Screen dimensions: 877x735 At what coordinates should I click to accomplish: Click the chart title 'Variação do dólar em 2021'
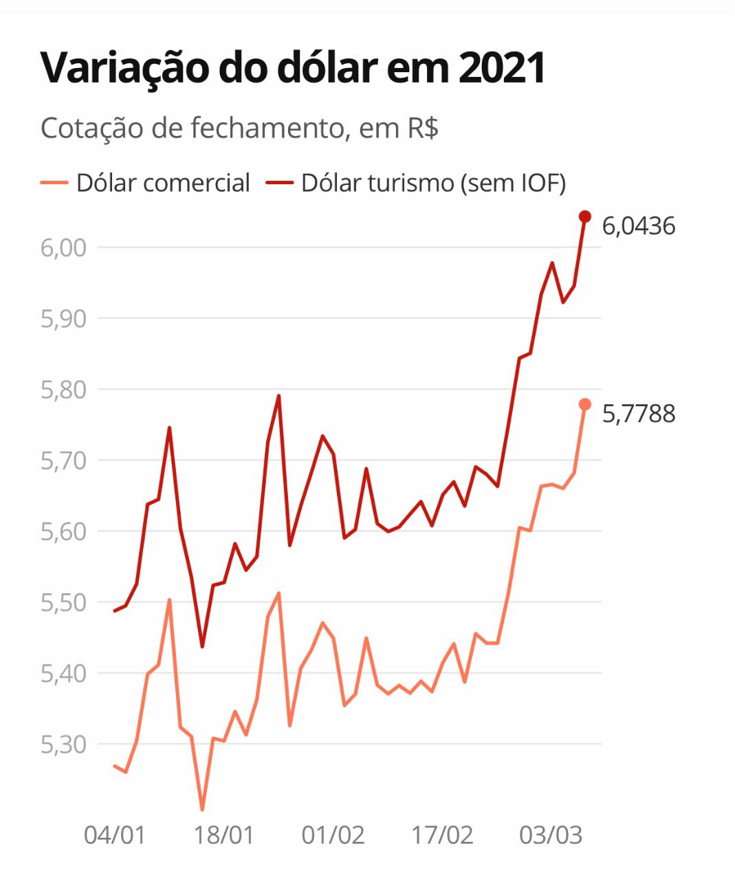pos(293,67)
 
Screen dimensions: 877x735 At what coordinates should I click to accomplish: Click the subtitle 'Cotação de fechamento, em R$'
pos(239,128)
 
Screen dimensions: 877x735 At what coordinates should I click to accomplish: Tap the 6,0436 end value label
pos(639,225)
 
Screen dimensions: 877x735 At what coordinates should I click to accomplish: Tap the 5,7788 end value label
pos(639,414)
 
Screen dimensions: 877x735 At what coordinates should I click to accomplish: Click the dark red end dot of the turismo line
pos(585,217)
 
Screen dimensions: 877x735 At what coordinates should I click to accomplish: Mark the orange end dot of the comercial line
pos(585,404)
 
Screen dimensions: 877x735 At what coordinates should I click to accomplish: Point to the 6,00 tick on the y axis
pos(63,247)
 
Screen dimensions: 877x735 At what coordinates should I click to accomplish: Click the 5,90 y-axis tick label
pos(63,318)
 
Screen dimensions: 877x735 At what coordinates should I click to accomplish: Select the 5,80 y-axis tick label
pos(63,390)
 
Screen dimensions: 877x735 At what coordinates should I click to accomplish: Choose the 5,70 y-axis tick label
pos(63,460)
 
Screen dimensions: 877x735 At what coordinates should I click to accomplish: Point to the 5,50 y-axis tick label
pos(63,603)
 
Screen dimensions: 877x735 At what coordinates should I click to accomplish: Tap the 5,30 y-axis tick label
pos(63,744)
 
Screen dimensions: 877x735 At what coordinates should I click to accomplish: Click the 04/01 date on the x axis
pos(115,835)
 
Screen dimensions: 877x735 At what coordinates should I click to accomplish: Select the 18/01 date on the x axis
pos(224,835)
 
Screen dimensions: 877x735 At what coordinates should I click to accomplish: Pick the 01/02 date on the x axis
pos(333,835)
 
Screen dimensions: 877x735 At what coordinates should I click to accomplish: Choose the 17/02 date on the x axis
pos(442,835)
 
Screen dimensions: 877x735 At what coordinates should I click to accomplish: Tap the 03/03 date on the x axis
pos(551,835)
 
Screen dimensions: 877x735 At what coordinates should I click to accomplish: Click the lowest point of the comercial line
pos(202,810)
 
